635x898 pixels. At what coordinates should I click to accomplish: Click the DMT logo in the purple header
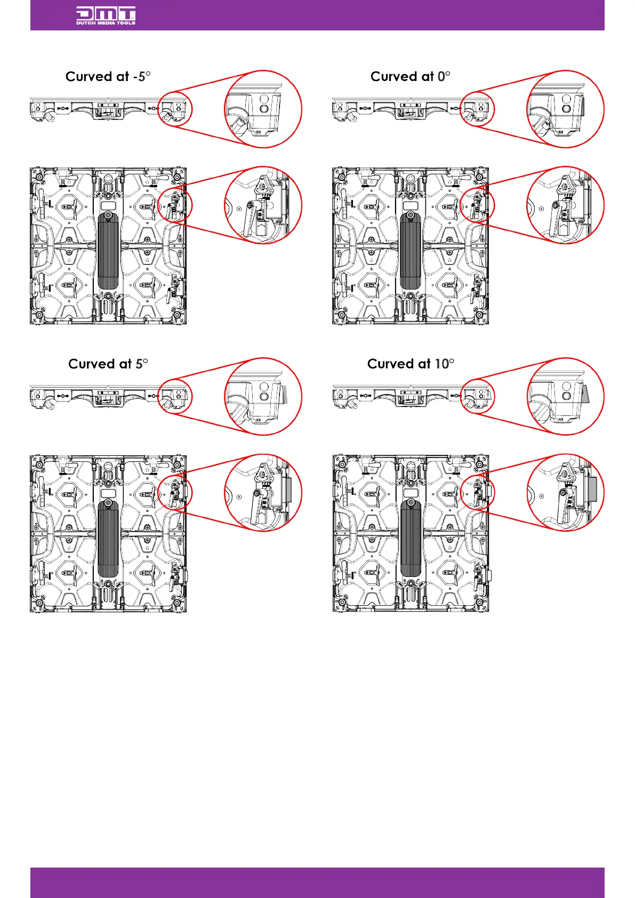(106, 15)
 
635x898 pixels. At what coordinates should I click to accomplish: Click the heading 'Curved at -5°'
(108, 77)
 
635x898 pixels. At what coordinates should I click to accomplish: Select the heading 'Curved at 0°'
(410, 77)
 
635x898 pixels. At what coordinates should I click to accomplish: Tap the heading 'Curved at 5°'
(108, 364)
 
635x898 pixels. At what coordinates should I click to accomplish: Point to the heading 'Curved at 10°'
(411, 364)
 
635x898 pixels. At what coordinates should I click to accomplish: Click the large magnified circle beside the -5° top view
(263, 109)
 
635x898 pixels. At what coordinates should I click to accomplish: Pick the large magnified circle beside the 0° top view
(566, 109)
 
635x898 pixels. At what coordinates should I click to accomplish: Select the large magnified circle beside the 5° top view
(263, 397)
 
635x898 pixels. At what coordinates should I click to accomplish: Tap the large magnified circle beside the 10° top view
(566, 397)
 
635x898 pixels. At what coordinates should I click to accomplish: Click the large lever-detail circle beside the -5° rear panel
(263, 205)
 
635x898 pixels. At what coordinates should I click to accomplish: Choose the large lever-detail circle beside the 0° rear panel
(566, 205)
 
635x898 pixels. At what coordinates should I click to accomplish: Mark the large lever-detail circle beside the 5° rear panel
(263, 493)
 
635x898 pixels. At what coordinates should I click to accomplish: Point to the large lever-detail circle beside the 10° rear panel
(566, 493)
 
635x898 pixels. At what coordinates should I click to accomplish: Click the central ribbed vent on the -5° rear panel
(108, 251)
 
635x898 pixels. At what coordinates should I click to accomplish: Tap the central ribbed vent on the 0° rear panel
(411, 251)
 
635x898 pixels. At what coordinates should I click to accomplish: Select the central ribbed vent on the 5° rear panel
(108, 539)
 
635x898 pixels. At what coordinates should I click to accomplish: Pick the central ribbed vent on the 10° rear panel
(411, 539)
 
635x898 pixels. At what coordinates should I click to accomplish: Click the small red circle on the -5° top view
(175, 109)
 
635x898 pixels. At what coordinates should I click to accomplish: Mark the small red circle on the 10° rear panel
(478, 493)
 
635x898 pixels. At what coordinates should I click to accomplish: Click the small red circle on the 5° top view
(175, 397)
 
